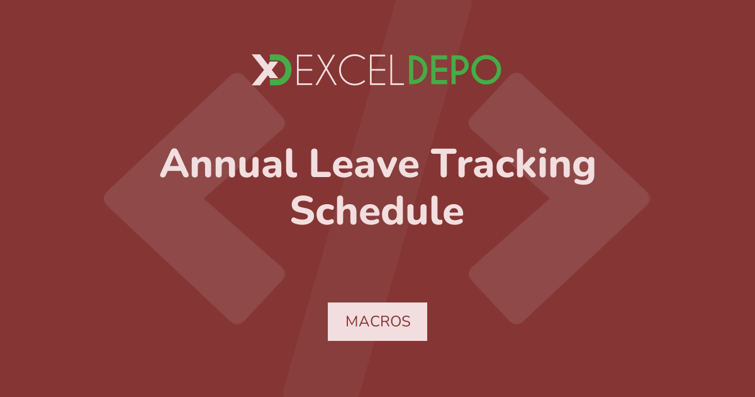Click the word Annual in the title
coord(228,163)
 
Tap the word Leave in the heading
coord(365,163)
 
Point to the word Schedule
coord(377,210)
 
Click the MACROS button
coord(377,321)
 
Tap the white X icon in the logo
coord(265,70)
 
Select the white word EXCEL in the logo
coord(350,70)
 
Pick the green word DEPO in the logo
coord(455,70)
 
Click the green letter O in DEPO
coord(486,70)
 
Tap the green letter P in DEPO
coord(459,70)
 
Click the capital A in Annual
coord(174,163)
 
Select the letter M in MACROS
coord(352,321)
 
